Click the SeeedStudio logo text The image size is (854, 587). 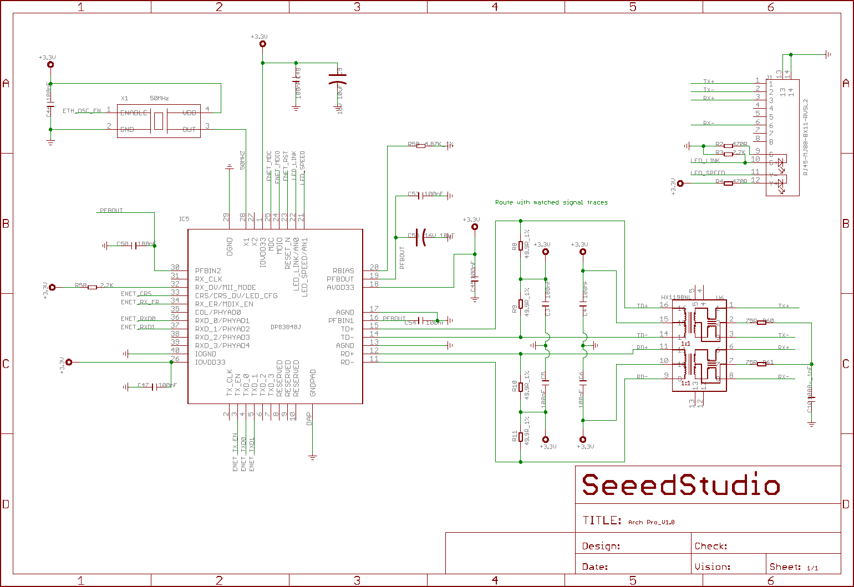(680, 486)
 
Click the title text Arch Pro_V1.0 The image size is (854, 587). (651, 522)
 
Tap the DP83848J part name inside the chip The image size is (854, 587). (285, 327)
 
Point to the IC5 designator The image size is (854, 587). (184, 219)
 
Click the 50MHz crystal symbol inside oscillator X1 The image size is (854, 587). (159, 121)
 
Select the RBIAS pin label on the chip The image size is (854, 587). (343, 271)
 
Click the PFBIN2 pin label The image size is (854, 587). (208, 271)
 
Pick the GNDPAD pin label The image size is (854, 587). (313, 383)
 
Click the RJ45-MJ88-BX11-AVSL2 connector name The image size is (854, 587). (806, 137)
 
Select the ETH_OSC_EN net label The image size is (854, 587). (82, 111)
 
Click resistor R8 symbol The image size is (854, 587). (520, 246)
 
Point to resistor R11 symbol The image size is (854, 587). (520, 437)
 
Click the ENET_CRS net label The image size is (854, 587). (136, 294)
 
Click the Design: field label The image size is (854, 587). (601, 546)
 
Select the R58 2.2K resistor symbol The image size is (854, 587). (92, 287)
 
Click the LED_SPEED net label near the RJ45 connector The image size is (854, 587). (708, 173)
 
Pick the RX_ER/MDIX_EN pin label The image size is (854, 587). (224, 304)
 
